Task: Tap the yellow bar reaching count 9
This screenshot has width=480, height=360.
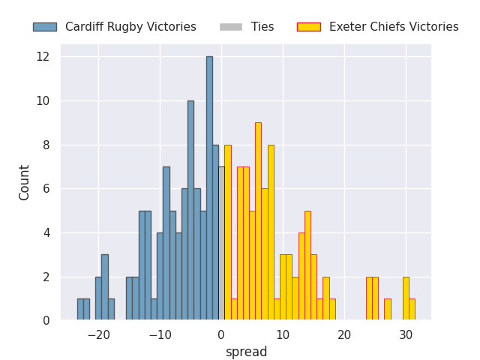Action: (x=258, y=221)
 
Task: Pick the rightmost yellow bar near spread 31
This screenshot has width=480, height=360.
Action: (x=412, y=310)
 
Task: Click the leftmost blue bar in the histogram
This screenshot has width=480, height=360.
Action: (x=80, y=310)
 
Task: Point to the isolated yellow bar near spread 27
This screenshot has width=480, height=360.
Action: (x=387, y=310)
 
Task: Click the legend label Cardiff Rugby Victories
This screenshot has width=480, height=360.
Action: (x=130, y=27)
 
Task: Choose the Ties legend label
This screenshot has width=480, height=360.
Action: (x=262, y=27)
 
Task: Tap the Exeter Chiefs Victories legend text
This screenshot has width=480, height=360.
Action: (x=394, y=27)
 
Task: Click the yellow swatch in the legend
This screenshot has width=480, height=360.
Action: (x=308, y=27)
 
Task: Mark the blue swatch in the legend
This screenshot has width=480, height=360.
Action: (x=44, y=27)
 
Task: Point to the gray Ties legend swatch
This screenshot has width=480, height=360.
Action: (x=231, y=27)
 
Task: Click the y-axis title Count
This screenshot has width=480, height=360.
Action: (x=25, y=182)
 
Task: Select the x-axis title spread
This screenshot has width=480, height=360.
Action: (x=246, y=352)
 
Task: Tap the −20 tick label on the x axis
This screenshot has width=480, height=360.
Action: (x=98, y=335)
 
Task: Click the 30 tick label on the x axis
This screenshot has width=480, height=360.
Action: (x=406, y=335)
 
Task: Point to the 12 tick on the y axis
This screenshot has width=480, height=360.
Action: (x=43, y=57)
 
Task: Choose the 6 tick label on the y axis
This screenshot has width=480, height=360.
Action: (x=45, y=189)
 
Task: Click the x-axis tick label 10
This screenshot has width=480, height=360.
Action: (x=283, y=335)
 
